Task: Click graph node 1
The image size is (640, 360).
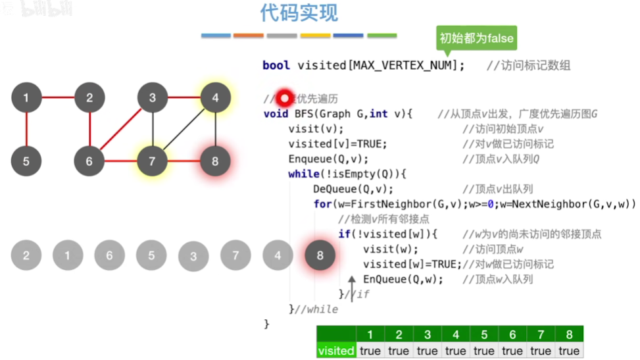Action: tap(26, 99)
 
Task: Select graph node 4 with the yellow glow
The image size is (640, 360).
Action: tap(216, 99)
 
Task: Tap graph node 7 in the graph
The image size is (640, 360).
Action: tap(153, 161)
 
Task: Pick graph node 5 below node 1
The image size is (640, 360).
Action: tap(26, 161)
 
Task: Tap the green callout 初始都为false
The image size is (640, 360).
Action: tap(476, 38)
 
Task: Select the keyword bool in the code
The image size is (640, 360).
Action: tap(276, 65)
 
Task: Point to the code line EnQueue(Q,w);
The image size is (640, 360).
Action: tap(403, 279)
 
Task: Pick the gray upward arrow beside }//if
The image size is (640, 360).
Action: tap(352, 287)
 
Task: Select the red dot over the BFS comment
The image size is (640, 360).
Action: tap(284, 99)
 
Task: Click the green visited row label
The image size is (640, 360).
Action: tap(335, 350)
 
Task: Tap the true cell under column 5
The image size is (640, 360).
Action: tap(483, 350)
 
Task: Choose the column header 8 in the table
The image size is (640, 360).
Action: tap(569, 334)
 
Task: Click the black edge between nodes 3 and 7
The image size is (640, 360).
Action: tap(153, 130)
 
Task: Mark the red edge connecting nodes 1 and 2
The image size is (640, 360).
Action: tap(58, 99)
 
